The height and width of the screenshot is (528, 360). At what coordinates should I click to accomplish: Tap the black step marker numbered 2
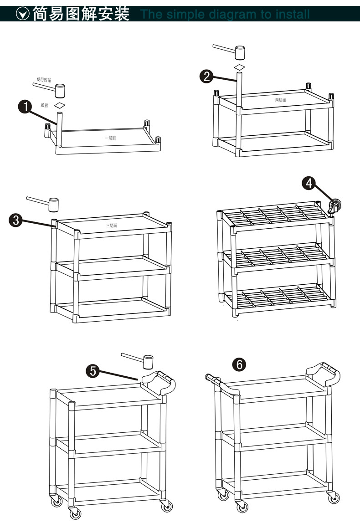pos(207,77)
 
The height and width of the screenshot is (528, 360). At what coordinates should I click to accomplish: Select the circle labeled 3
pos(15,220)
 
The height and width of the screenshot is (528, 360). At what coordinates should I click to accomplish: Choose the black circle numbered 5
pos(93,371)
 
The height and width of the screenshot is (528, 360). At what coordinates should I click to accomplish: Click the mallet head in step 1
pos(60,90)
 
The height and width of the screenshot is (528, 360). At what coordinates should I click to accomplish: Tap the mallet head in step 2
pos(239,52)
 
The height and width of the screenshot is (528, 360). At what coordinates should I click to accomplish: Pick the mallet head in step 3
pos(54,205)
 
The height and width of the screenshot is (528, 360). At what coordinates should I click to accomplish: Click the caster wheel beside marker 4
pos(335,206)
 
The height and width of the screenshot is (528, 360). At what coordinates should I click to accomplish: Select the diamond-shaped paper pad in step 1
pos(60,105)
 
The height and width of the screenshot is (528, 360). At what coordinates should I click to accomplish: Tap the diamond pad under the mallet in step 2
pos(239,67)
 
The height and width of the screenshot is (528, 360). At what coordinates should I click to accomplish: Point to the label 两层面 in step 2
pos(280,100)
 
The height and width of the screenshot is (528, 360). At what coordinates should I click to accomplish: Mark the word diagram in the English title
pos(232,15)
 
